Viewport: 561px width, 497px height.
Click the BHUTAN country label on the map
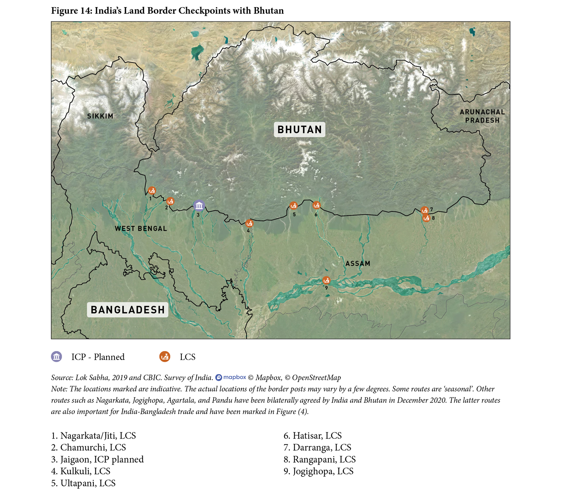[x=299, y=129]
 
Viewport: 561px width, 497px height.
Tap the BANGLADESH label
[x=128, y=310]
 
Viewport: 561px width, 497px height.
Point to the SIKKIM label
[x=100, y=116]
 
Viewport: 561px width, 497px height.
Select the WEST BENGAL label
[x=141, y=228]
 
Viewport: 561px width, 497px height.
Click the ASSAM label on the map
[x=358, y=263]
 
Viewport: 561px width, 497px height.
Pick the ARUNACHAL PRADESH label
[x=482, y=116]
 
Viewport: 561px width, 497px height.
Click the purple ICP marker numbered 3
[x=199, y=205]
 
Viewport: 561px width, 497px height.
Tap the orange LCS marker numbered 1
[x=152, y=191]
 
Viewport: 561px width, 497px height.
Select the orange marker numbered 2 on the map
[x=170, y=201]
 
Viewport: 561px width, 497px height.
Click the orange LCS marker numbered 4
[x=249, y=223]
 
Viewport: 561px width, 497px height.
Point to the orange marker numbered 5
[x=294, y=206]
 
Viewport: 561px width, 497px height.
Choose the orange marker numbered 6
[x=316, y=205]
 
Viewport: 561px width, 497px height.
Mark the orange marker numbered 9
[x=326, y=280]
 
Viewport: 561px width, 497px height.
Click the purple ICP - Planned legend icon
[x=56, y=357]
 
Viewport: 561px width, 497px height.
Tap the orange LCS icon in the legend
[x=165, y=357]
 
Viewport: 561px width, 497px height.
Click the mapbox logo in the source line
[x=231, y=377]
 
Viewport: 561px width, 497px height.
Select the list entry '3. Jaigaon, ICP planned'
[x=97, y=459]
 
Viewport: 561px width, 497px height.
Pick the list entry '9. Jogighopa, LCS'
[x=318, y=471]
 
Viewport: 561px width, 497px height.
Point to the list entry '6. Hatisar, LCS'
[x=313, y=436]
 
